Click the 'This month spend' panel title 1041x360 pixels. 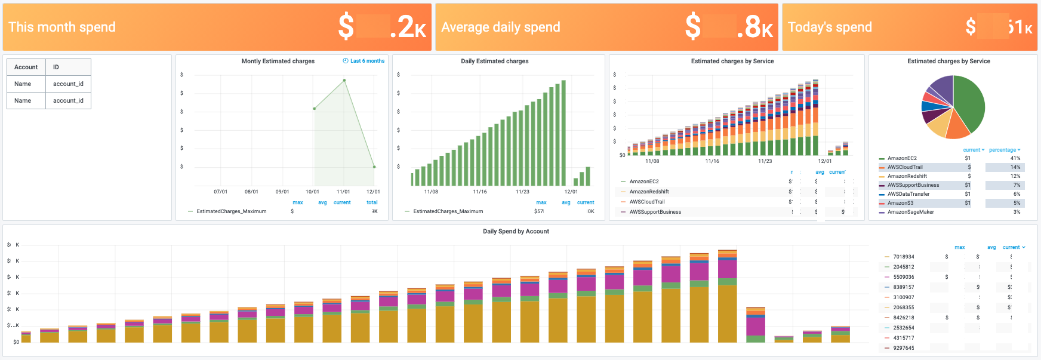[x=62, y=27]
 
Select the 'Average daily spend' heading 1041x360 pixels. [x=500, y=27]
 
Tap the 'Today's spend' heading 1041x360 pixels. [x=829, y=27]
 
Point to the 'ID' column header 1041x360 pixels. [x=56, y=67]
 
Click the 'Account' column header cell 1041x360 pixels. [x=26, y=67]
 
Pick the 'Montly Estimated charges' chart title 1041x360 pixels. [x=278, y=61]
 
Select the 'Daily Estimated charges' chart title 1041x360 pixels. [x=494, y=61]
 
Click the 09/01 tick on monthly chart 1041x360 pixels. [x=282, y=192]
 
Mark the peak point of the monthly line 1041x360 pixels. [x=344, y=80]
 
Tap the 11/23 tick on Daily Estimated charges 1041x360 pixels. [x=522, y=192]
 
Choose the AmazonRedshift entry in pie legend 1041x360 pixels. [x=907, y=176]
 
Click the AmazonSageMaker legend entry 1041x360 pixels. [x=910, y=212]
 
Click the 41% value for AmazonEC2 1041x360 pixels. [x=1015, y=158]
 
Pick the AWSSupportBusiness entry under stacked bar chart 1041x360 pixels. [x=655, y=212]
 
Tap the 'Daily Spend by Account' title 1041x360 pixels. [x=516, y=231]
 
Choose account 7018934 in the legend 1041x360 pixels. [x=903, y=257]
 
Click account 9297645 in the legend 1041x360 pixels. [x=903, y=348]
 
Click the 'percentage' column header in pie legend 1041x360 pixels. [x=1003, y=150]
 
